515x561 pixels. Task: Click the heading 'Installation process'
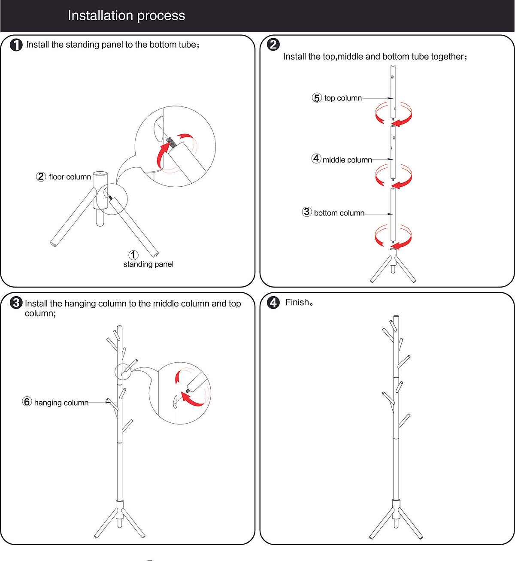pyautogui.click(x=126, y=16)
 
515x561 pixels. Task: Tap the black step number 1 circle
pyautogui.click(x=16, y=45)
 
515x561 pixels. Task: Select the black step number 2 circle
pyautogui.click(x=273, y=44)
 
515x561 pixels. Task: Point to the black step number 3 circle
pyautogui.click(x=16, y=303)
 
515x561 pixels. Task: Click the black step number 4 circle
pyautogui.click(x=273, y=303)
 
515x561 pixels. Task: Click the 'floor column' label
pyautogui.click(x=70, y=177)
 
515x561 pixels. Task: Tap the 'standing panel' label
pyautogui.click(x=148, y=264)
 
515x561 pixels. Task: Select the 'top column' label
pyautogui.click(x=343, y=98)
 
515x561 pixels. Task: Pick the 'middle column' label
pyautogui.click(x=347, y=160)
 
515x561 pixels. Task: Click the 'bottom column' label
pyautogui.click(x=339, y=213)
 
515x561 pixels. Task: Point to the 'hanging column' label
pyautogui.click(x=61, y=403)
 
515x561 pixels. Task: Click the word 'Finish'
pyautogui.click(x=297, y=303)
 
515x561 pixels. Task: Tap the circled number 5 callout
pyautogui.click(x=317, y=98)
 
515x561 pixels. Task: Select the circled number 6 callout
pyautogui.click(x=27, y=402)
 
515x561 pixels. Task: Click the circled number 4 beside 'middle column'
pyautogui.click(x=316, y=159)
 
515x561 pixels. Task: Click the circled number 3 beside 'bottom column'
pyautogui.click(x=307, y=212)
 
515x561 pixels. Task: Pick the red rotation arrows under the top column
pyautogui.click(x=394, y=114)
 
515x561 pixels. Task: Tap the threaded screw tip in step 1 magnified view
pyautogui.click(x=170, y=141)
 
